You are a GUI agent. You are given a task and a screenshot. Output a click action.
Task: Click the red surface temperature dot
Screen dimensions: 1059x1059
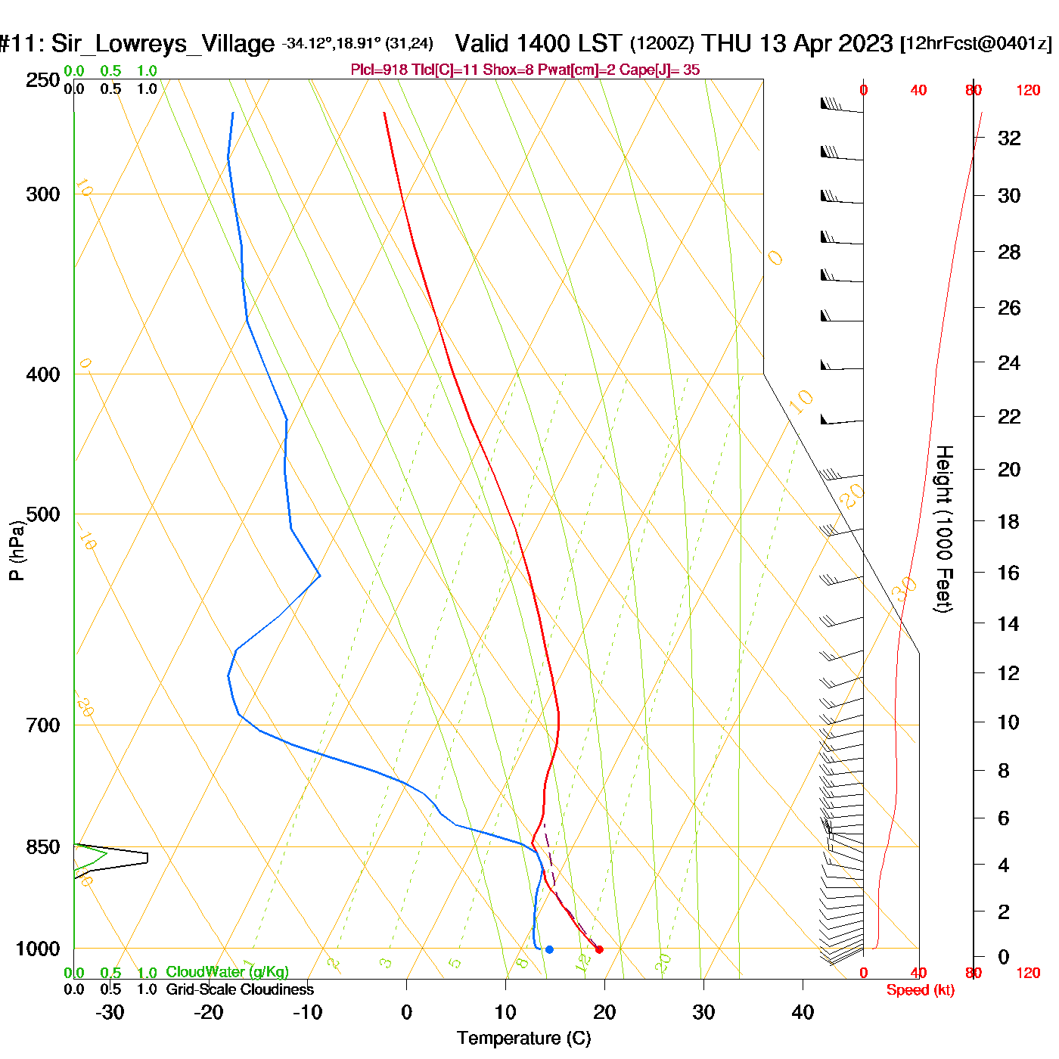599,949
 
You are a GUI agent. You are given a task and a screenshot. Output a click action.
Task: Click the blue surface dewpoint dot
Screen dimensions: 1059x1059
549,949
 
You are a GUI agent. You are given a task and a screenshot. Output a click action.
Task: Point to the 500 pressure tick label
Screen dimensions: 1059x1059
43,514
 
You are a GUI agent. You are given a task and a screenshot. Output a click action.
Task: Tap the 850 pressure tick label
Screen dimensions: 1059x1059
43,847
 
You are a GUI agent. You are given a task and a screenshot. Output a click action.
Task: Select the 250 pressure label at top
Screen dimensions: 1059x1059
43,80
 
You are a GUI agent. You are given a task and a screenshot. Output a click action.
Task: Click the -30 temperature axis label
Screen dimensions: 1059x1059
110,1012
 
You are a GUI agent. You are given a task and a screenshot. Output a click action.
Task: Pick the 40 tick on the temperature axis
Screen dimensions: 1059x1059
803,1012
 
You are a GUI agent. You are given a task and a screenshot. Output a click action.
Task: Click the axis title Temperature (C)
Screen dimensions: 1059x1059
523,1039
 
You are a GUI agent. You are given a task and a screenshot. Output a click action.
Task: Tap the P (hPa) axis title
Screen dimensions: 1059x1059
17,550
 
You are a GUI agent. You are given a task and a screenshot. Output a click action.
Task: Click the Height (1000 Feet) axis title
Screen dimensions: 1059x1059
943,529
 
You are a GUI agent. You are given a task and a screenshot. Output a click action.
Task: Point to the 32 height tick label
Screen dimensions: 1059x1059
1009,138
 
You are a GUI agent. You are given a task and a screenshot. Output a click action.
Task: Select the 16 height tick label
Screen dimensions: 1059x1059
1008,573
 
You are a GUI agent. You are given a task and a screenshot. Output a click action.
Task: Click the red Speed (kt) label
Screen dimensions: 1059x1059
920,990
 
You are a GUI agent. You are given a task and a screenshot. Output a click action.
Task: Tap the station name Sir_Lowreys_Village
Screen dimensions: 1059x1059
163,44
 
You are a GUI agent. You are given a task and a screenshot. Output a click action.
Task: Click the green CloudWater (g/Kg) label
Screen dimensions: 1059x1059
227,972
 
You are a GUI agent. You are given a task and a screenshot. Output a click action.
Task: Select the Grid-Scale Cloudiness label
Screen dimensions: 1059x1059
240,989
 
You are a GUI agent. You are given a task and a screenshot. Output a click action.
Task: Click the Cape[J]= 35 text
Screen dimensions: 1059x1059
660,70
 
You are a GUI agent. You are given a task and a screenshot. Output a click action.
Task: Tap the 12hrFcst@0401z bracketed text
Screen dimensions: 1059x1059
976,43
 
